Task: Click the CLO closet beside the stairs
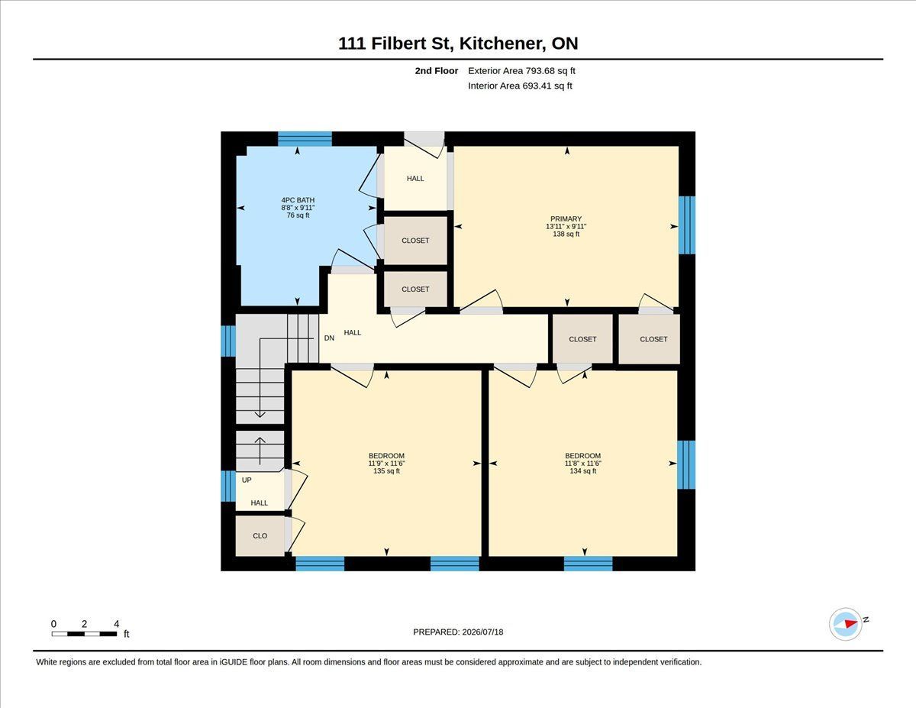coord(260,535)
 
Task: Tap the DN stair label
coord(329,338)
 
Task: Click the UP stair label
coord(247,480)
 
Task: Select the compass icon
coord(845,624)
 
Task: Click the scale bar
coord(84,634)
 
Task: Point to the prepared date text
coord(458,632)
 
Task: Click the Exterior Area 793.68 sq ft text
coord(521,71)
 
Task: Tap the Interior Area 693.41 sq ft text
coord(520,86)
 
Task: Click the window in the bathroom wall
coord(305,139)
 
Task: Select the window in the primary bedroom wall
coord(687,225)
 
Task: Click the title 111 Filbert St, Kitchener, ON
coord(458,43)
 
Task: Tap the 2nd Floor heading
coord(437,71)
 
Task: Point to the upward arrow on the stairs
coord(260,451)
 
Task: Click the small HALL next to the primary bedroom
coord(415,179)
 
